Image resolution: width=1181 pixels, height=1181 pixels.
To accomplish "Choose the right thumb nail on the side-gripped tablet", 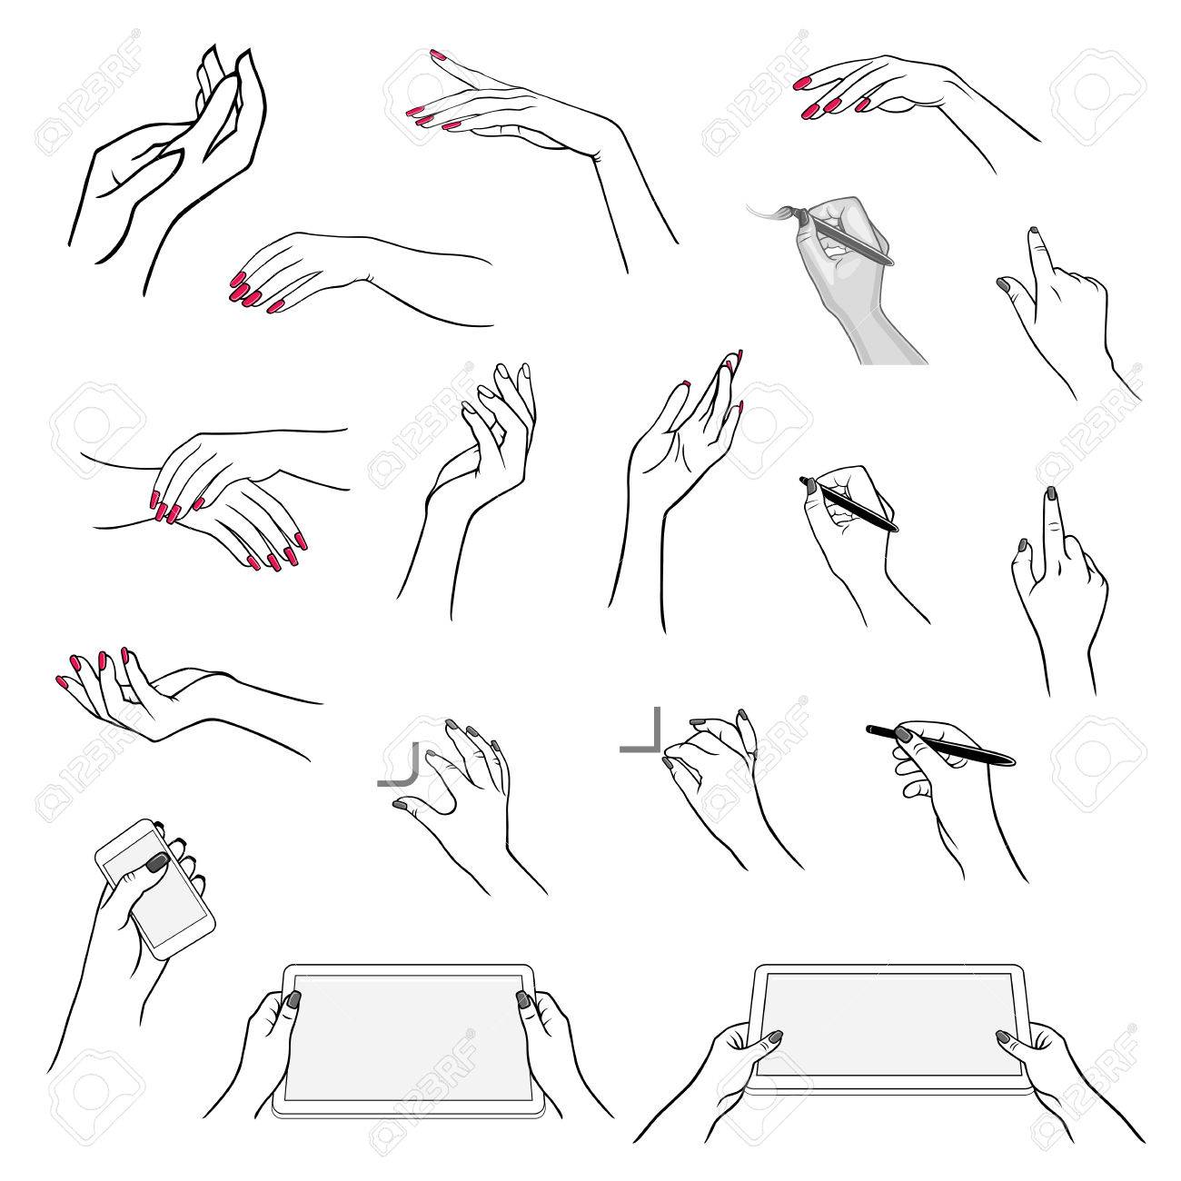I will tap(523, 1000).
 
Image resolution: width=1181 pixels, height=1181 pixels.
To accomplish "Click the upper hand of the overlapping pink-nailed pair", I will tap(209, 463).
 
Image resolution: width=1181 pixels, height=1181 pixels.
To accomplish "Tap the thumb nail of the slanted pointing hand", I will tap(1004, 284).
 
